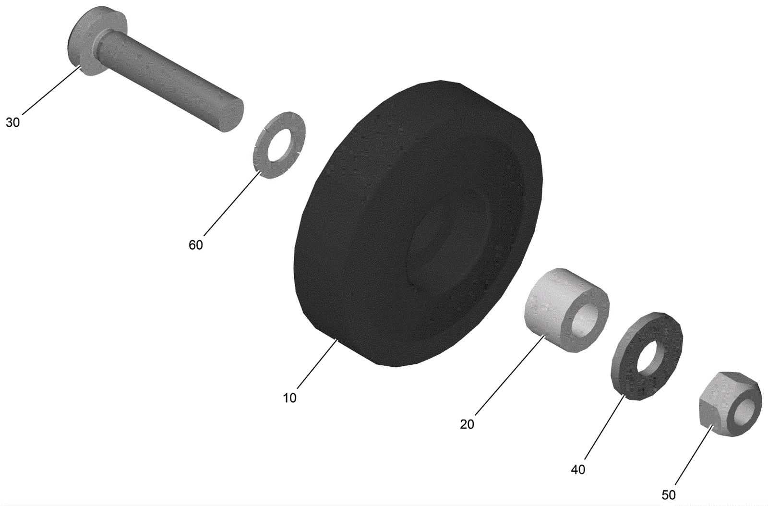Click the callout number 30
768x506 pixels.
point(13,122)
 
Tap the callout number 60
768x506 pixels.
point(196,245)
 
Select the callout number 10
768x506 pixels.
point(290,398)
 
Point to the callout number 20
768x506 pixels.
point(467,424)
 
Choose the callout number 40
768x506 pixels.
point(578,470)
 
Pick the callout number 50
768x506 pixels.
point(669,495)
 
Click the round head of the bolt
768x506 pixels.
point(93,41)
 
